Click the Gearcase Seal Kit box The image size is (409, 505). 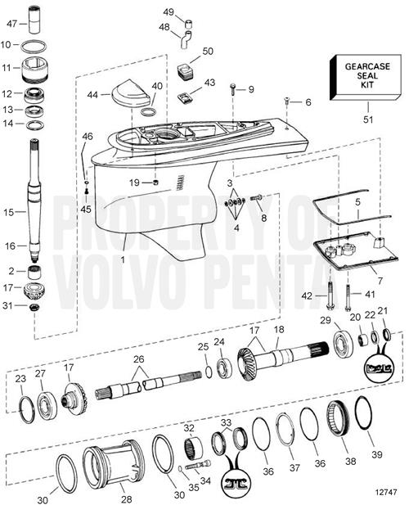pyautogui.click(x=366, y=77)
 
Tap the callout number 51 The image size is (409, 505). pyautogui.click(x=368, y=119)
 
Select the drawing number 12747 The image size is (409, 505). pyautogui.click(x=385, y=493)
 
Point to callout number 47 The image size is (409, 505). pyautogui.click(x=12, y=24)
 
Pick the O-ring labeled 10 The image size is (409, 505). pyautogui.click(x=34, y=46)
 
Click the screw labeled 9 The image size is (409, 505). pyautogui.click(x=232, y=89)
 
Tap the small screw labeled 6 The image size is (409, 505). pyautogui.click(x=286, y=101)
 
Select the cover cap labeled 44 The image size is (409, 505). pyautogui.click(x=130, y=93)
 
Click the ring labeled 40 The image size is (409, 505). pyautogui.click(x=149, y=112)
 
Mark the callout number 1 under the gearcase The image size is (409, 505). pyautogui.click(x=123, y=259)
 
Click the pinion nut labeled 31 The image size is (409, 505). pyautogui.click(x=34, y=306)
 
